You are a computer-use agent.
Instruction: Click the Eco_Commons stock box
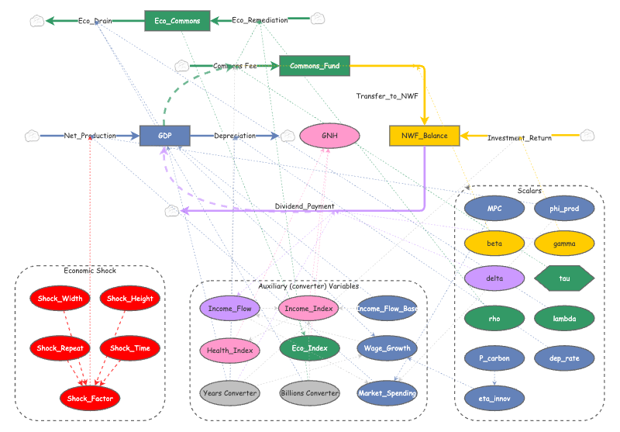(x=177, y=21)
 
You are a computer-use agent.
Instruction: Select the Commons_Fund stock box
(x=315, y=67)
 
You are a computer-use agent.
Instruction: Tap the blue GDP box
(x=165, y=136)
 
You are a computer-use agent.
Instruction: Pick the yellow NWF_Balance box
(x=425, y=136)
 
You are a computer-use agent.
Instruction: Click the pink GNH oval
(x=329, y=136)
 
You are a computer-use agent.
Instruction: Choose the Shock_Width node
(x=60, y=299)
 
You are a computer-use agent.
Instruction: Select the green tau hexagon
(x=565, y=278)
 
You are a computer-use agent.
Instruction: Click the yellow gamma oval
(x=564, y=243)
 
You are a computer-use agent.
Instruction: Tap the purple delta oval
(x=494, y=278)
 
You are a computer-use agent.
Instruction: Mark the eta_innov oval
(x=494, y=398)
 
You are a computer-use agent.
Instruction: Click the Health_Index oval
(x=229, y=351)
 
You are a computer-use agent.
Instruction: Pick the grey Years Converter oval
(x=229, y=393)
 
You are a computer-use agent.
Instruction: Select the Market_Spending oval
(x=387, y=393)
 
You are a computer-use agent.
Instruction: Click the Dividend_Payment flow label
(x=305, y=206)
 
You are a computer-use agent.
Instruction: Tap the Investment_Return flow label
(x=519, y=138)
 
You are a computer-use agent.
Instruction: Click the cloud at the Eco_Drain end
(x=36, y=21)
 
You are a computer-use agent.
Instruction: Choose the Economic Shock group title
(x=90, y=271)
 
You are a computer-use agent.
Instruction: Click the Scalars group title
(x=529, y=190)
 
